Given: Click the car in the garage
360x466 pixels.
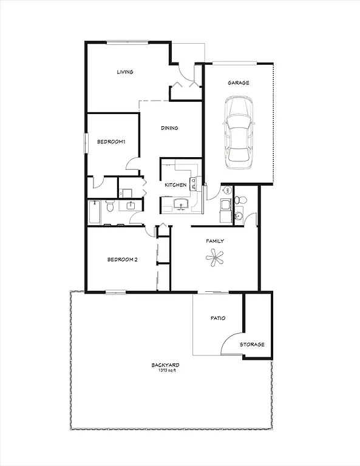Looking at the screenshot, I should (x=237, y=134).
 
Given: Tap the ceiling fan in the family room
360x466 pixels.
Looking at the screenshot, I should (x=214, y=259).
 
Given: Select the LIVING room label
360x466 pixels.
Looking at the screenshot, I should (x=125, y=72).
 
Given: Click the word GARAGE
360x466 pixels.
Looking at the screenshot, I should (x=238, y=83).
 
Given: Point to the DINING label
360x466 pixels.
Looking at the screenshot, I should (x=169, y=128).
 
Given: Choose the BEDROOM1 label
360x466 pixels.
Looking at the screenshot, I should (x=110, y=142).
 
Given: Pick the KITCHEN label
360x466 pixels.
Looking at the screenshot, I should (x=175, y=185).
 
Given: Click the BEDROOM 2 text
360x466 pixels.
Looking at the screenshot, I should (x=122, y=260).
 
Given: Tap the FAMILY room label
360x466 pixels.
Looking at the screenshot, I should (x=214, y=241).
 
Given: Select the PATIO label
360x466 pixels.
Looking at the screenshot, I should (x=219, y=318).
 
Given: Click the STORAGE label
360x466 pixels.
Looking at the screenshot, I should (x=252, y=345).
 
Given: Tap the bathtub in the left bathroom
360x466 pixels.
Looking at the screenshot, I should (x=95, y=213).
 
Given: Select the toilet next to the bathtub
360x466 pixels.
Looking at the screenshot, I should (x=110, y=208).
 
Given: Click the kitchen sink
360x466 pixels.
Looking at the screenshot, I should (x=180, y=204).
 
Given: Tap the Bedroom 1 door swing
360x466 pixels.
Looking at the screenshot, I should (x=132, y=163).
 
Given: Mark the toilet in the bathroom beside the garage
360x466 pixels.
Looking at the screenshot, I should (x=238, y=200).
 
